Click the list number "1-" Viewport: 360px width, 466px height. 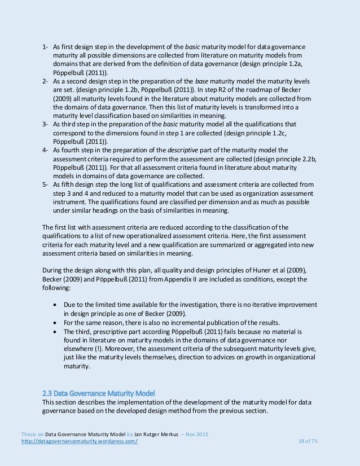click(46, 47)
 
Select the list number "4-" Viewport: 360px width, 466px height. click(46, 150)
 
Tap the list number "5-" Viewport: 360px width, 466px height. click(46, 184)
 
